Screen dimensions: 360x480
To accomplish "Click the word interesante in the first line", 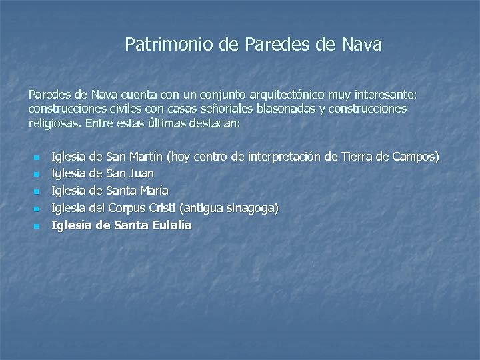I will point(397,95).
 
